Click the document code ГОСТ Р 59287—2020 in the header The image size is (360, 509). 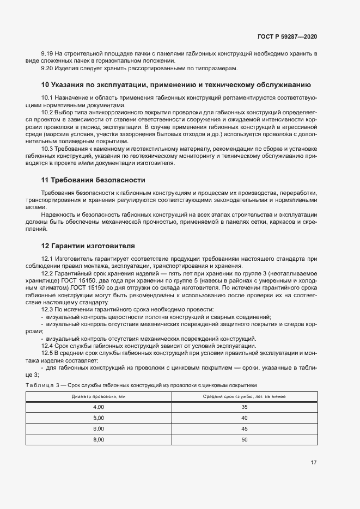coord(287,36)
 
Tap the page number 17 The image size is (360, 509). coord(313,463)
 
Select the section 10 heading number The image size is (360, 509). coord(46,85)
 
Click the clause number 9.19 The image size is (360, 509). coord(47,54)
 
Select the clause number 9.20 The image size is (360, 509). coord(47,68)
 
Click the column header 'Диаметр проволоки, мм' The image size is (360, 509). coord(99,396)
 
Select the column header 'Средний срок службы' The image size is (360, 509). coord(244,396)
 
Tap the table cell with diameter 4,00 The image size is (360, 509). coord(99,407)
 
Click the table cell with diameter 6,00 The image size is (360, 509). coord(99,429)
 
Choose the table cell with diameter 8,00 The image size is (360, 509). coord(99,440)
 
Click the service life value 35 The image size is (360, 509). coord(244,407)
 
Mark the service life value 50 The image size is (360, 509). coord(244,440)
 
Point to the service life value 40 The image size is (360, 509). coord(244,418)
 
